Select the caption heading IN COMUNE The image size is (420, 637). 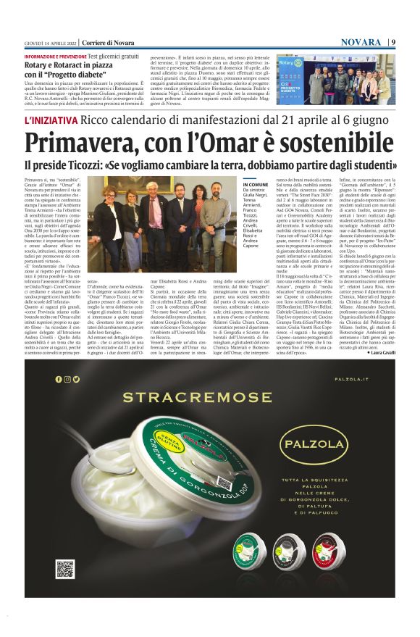tap(254, 186)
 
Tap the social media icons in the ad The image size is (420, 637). tap(67, 379)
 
